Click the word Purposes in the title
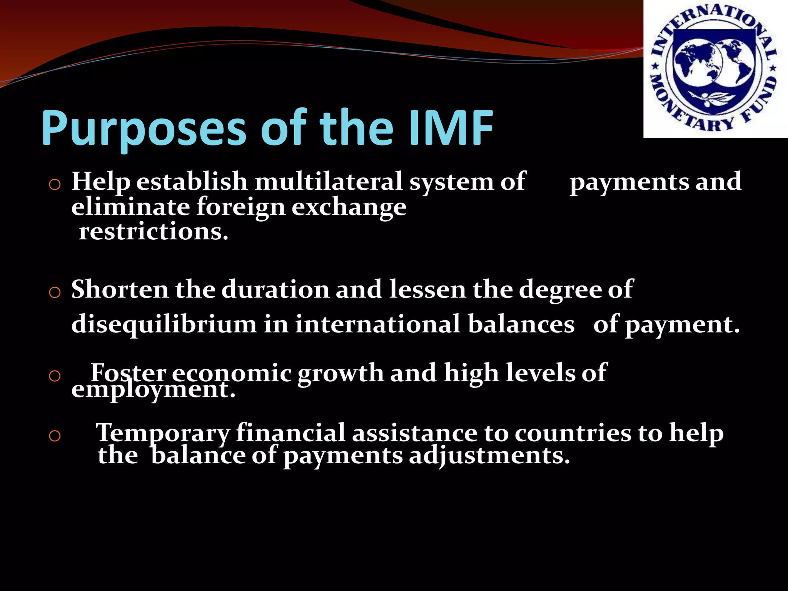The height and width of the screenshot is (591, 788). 143,129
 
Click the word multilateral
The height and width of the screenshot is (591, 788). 329,181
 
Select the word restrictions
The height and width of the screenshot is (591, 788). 154,232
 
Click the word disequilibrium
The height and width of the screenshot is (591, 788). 164,324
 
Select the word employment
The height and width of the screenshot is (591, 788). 153,389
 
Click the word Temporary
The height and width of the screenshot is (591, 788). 163,433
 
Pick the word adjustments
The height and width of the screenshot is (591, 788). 489,456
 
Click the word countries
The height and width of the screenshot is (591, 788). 573,433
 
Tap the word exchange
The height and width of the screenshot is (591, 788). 349,207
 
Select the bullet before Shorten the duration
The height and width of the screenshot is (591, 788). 55,293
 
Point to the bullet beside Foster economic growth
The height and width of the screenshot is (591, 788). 55,376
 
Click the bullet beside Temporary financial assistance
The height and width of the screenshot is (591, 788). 55,436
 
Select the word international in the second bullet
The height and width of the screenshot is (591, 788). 377,324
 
